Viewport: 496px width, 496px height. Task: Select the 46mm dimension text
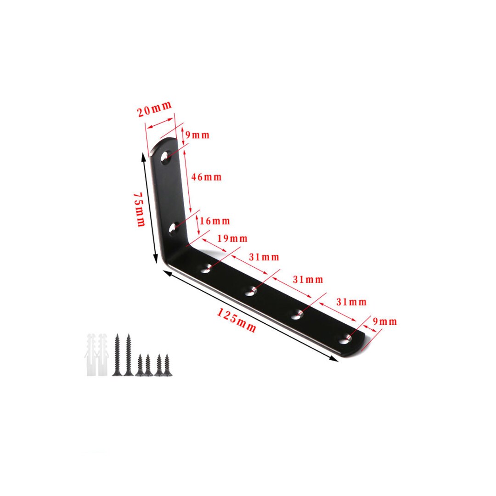206,177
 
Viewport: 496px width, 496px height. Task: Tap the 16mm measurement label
215,221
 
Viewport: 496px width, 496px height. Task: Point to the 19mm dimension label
232,238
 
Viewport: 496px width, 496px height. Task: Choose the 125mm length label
237,320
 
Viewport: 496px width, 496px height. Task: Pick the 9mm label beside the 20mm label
198,135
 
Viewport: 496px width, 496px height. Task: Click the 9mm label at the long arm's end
385,321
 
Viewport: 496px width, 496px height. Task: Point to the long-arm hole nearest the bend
205,268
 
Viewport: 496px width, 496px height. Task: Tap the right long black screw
129,355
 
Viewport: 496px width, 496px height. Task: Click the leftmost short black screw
139,365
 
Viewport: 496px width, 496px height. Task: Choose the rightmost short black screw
167,365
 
